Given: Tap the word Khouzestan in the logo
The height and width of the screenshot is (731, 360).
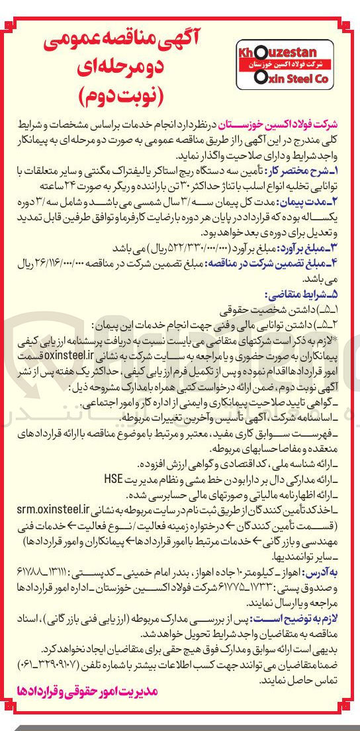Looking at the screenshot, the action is point(285,51).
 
